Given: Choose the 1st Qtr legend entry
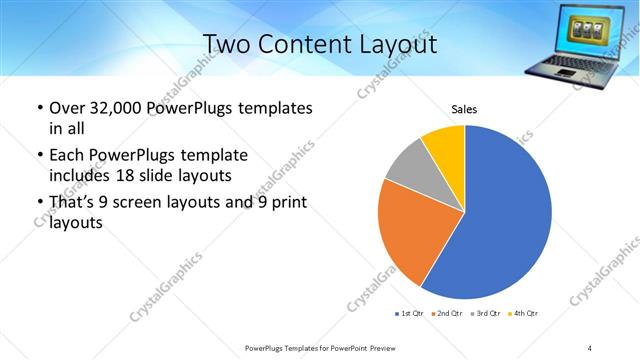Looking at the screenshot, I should pyautogui.click(x=410, y=314).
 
